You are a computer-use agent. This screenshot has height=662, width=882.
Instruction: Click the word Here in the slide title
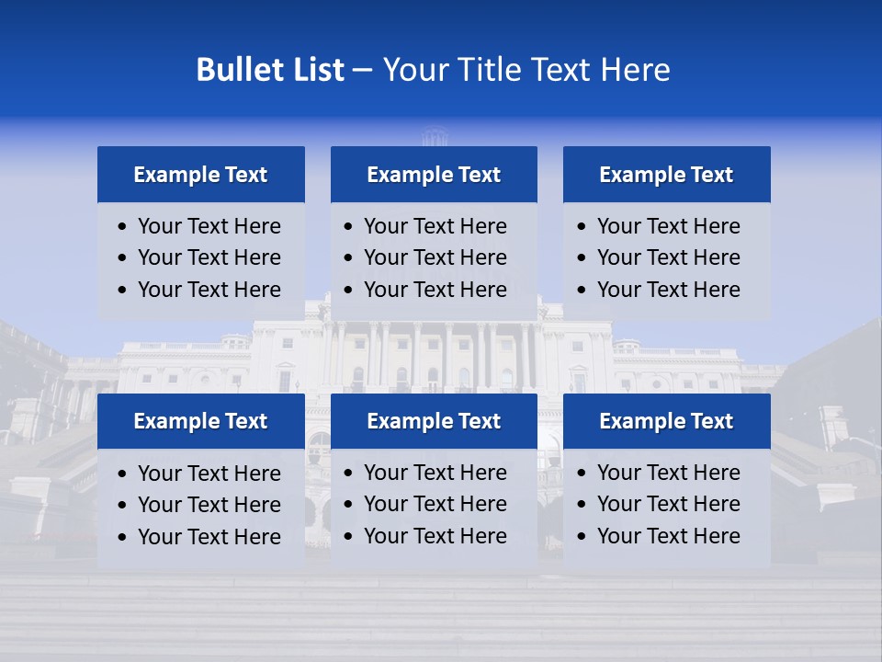point(635,70)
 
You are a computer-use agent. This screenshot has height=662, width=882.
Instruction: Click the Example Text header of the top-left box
point(200,175)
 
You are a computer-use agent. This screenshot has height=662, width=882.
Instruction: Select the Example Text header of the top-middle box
point(434,175)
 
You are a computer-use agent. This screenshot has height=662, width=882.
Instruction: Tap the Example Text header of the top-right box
point(666,175)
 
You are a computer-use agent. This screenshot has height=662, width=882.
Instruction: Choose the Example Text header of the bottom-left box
point(200,421)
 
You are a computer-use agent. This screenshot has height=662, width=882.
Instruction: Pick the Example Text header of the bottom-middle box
point(434,421)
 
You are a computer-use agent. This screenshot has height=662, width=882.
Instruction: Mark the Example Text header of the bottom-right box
point(666,421)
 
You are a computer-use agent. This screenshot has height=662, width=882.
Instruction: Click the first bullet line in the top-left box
point(209,226)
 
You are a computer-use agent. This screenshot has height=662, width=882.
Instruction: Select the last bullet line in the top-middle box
point(435,290)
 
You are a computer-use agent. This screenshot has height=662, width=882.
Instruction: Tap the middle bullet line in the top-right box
point(668,257)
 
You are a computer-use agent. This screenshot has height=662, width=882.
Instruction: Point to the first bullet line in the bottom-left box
point(209,474)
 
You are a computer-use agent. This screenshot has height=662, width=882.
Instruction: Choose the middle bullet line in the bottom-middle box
point(435,504)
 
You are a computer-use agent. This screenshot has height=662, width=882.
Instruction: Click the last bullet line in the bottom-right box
point(668,536)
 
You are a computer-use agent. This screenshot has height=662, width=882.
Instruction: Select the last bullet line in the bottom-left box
point(209,537)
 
